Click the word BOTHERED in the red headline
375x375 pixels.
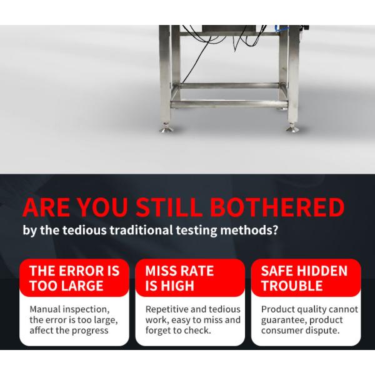click(276, 207)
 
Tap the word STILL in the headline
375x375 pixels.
click(171, 207)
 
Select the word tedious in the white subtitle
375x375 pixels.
click(84, 230)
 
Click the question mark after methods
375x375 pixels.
click(276, 230)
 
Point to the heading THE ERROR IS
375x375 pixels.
click(74, 271)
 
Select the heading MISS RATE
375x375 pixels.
click(179, 271)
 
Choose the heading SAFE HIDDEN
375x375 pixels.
click(304, 271)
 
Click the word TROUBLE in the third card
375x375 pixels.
click(292, 286)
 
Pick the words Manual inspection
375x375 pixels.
click(69, 309)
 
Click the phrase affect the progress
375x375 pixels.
click(69, 331)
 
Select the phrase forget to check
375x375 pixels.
click(178, 331)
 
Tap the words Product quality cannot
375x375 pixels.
click(309, 309)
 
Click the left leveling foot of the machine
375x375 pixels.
click(166, 129)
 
